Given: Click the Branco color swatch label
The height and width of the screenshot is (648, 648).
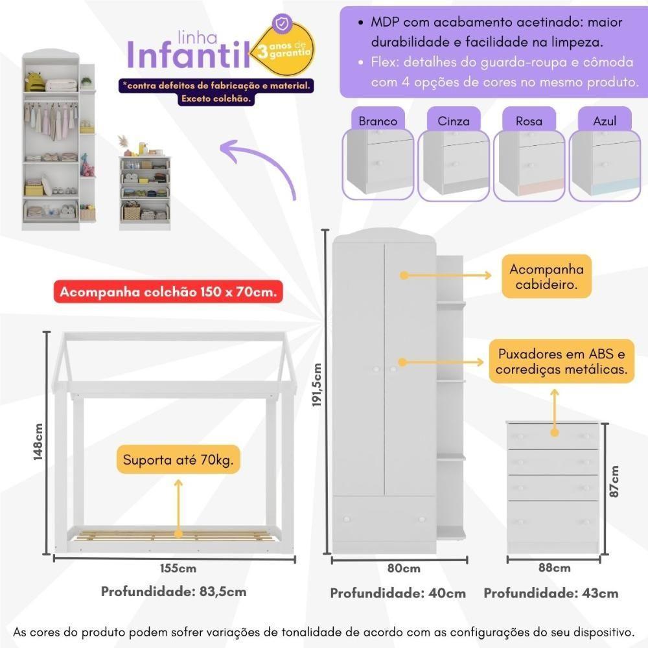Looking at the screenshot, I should pyautogui.click(x=378, y=121).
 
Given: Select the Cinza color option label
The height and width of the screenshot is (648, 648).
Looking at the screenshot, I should pyautogui.click(x=454, y=121).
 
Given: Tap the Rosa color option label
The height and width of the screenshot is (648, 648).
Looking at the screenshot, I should pyautogui.click(x=529, y=121).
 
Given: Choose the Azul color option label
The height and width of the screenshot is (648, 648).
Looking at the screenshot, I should pyautogui.click(x=604, y=121).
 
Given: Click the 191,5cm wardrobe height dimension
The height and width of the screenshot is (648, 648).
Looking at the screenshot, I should pyautogui.click(x=317, y=393).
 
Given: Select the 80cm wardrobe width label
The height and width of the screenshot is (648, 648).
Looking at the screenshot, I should pyautogui.click(x=402, y=569).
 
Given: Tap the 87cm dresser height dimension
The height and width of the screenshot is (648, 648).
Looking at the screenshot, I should pyautogui.click(x=614, y=481).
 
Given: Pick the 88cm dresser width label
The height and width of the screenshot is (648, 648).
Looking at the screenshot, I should pyautogui.click(x=553, y=568).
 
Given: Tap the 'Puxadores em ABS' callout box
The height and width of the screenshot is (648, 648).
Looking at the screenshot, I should pyautogui.click(x=561, y=362).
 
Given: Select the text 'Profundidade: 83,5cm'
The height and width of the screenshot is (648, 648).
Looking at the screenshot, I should pyautogui.click(x=174, y=592).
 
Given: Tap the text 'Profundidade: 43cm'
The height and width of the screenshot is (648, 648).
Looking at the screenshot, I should pyautogui.click(x=551, y=593).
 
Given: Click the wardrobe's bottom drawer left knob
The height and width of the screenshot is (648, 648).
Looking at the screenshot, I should pyautogui.click(x=347, y=519).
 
